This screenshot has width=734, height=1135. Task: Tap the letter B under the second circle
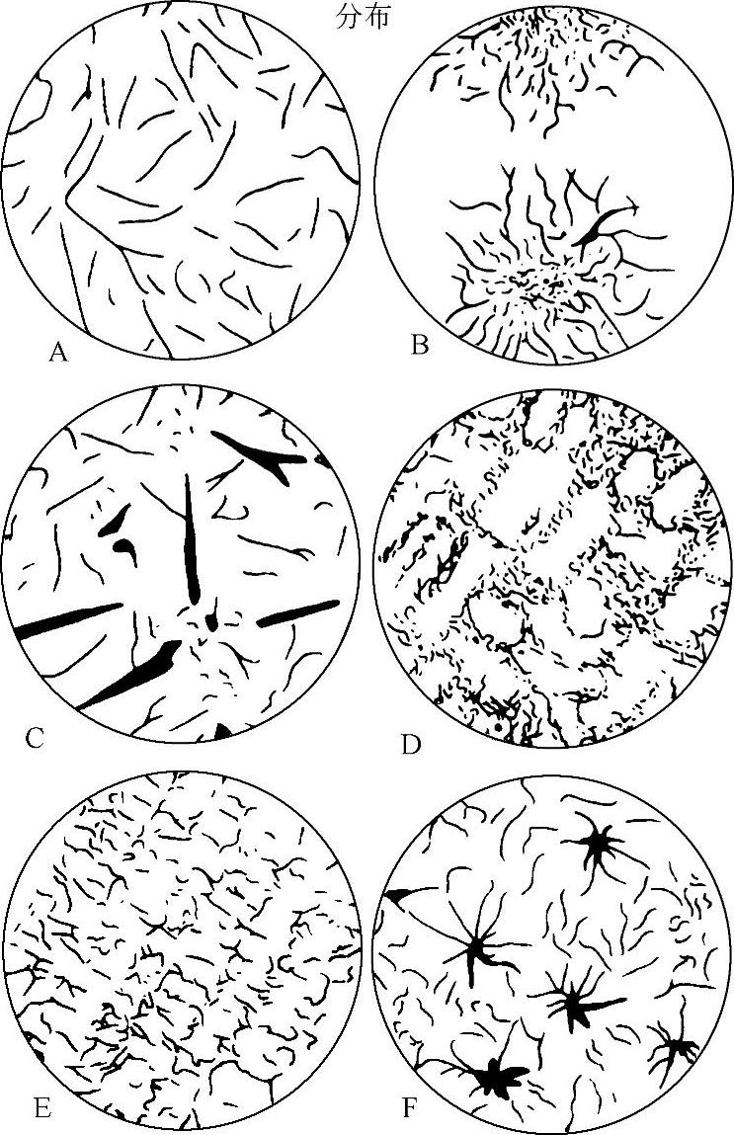coord(420,346)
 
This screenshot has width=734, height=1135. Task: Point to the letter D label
coord(411,744)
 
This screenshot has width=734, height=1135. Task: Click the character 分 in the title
coord(348,18)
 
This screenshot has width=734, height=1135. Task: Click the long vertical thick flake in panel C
coord(191,539)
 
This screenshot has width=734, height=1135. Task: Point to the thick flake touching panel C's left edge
coord(69,620)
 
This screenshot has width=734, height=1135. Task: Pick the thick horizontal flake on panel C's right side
coord(297,613)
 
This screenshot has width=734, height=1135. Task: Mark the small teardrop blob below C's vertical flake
coord(211,620)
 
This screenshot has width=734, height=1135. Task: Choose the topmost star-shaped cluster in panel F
coord(598,844)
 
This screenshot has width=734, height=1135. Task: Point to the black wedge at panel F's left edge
coord(397,896)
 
